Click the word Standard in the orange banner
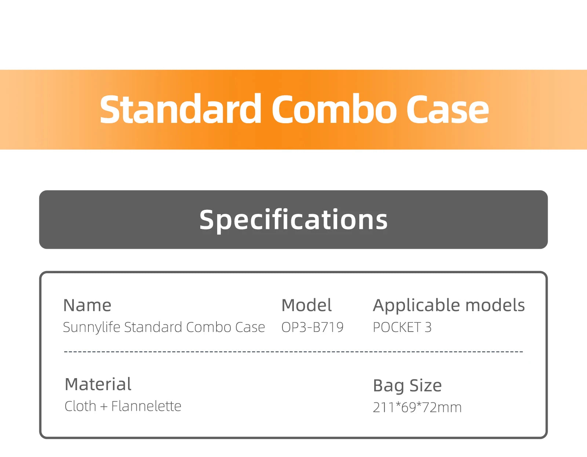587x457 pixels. coord(180,109)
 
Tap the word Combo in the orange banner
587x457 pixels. coord(333,109)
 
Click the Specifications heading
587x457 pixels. coord(293,220)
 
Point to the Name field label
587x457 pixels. coord(87,305)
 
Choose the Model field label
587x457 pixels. coord(306,305)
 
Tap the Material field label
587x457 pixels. coord(98,384)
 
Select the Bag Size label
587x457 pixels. coord(407,385)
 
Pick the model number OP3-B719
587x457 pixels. coord(312,327)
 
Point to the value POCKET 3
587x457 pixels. coord(402,327)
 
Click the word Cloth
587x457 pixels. coord(80,406)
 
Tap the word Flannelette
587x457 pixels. coord(146,406)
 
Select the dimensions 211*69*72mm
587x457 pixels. coord(417,407)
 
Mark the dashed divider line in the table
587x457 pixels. coord(293,352)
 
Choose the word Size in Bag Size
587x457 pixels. coord(426,385)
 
